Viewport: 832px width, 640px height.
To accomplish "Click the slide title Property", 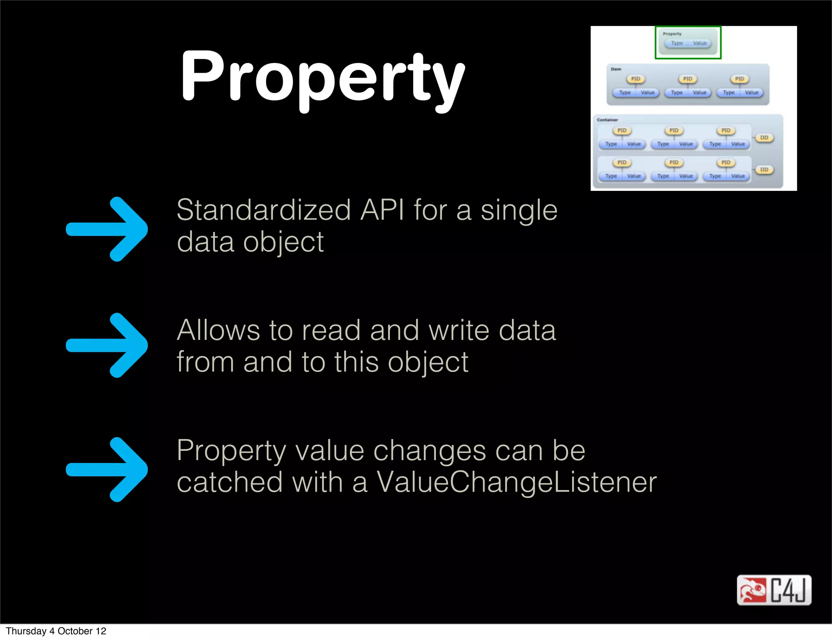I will (323, 77).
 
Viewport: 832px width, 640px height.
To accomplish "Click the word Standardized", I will (264, 210).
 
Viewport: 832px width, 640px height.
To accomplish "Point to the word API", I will (382, 210).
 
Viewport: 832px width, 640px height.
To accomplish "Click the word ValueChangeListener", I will (516, 482).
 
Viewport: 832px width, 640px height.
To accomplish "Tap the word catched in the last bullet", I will (230, 482).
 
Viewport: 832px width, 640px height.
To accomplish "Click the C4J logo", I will (774, 590).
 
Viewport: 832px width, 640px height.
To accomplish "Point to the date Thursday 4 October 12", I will (56, 631).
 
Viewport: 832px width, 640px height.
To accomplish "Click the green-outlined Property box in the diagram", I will (688, 42).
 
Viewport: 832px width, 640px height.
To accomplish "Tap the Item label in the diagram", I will (616, 69).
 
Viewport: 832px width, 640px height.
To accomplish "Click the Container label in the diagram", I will (607, 120).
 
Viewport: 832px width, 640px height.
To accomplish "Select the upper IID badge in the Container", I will (764, 138).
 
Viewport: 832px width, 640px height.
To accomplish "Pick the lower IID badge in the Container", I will (764, 170).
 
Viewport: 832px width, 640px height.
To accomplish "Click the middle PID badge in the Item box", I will (688, 79).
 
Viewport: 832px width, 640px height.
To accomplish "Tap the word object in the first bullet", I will (283, 242).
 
